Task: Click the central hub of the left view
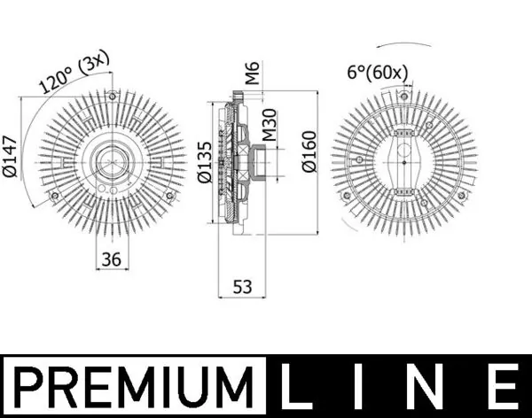click(113, 162)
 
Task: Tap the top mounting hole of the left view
click(113, 96)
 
